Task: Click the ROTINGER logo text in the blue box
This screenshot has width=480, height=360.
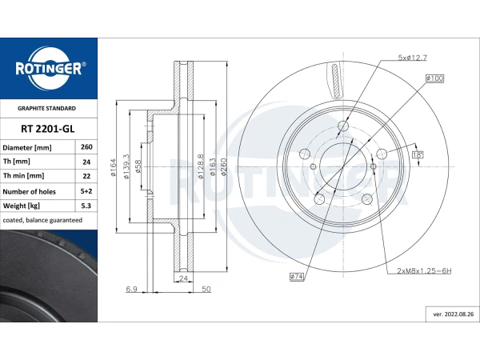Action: (x=49, y=68)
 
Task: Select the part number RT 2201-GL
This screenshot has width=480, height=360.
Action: (x=48, y=129)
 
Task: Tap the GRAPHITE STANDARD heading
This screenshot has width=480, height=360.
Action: (x=46, y=108)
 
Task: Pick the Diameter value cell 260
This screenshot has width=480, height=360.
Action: (x=86, y=147)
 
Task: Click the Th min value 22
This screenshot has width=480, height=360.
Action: (x=86, y=176)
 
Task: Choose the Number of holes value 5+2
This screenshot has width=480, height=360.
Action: (x=86, y=191)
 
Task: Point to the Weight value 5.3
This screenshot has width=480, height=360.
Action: (x=86, y=206)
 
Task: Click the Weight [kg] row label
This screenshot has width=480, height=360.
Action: (x=22, y=206)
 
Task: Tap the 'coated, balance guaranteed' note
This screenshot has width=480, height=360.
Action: (x=42, y=220)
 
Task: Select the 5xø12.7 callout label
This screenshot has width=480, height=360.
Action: (x=412, y=58)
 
